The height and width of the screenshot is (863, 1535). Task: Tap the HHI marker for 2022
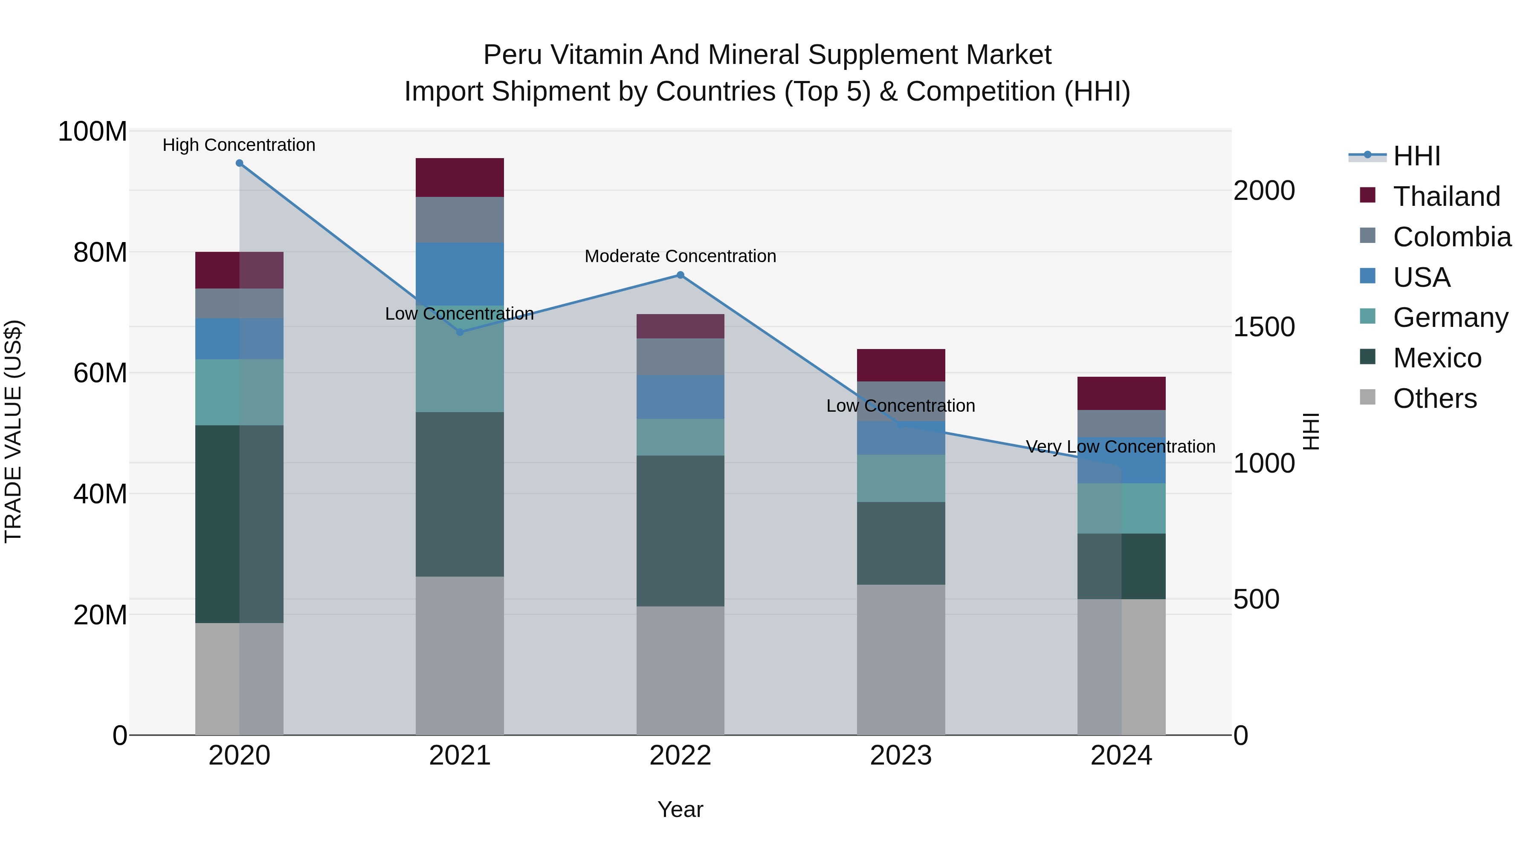(x=680, y=275)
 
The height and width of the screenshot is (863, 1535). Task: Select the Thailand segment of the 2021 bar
(x=459, y=177)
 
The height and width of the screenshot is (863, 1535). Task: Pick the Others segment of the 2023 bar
(x=901, y=659)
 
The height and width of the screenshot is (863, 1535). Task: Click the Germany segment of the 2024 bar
(x=1121, y=508)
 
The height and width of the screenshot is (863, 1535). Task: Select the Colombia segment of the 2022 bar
(x=680, y=356)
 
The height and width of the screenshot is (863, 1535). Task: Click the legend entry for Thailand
(x=1446, y=196)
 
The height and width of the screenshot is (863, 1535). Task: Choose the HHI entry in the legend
(x=1416, y=156)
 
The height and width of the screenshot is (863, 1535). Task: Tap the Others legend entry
(x=1434, y=398)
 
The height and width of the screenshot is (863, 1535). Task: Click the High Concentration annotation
(x=239, y=145)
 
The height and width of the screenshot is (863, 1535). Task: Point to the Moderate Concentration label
(x=680, y=256)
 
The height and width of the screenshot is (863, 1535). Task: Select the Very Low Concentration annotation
(x=1120, y=446)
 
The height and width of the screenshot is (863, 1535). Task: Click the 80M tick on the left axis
(x=100, y=253)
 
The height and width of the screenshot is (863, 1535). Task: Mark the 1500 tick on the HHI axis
(x=1264, y=327)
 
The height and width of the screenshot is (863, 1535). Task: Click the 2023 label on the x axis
(x=901, y=756)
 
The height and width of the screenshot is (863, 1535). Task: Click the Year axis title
(x=680, y=809)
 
